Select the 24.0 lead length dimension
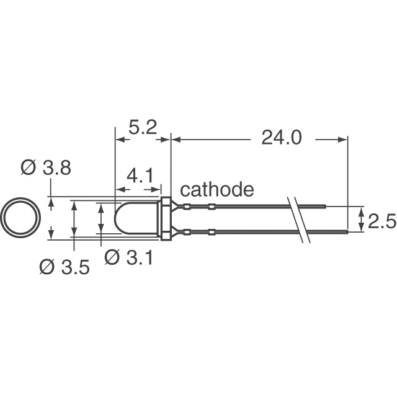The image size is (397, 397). coord(281,138)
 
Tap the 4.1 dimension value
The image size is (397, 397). coord(140,177)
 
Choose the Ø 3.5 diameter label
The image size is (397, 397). coord(64,267)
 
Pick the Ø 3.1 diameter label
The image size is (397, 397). coord(130,257)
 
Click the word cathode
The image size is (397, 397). coord(216,189)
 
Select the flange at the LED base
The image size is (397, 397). coord(166,219)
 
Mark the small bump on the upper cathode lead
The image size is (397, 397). coord(212,207)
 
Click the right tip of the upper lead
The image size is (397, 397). coord(325,207)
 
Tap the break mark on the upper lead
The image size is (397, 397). coord(295,207)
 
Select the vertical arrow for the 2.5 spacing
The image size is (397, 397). coord(361,220)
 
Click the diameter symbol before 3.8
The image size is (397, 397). coord(28,168)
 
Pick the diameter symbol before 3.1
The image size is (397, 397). coord(112,257)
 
